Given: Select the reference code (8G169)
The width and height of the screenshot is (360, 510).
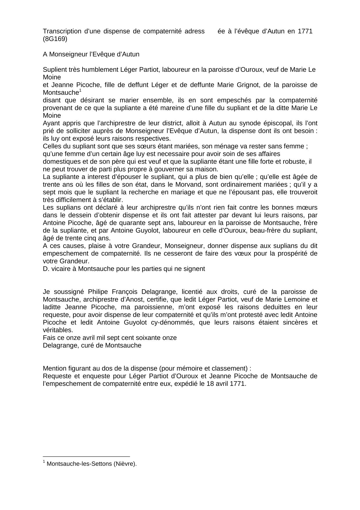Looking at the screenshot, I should tap(55, 39).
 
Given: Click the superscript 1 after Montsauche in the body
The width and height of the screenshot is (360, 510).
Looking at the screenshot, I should tap(80, 90).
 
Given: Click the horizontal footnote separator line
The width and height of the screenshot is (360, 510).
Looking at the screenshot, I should tap(86, 456).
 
